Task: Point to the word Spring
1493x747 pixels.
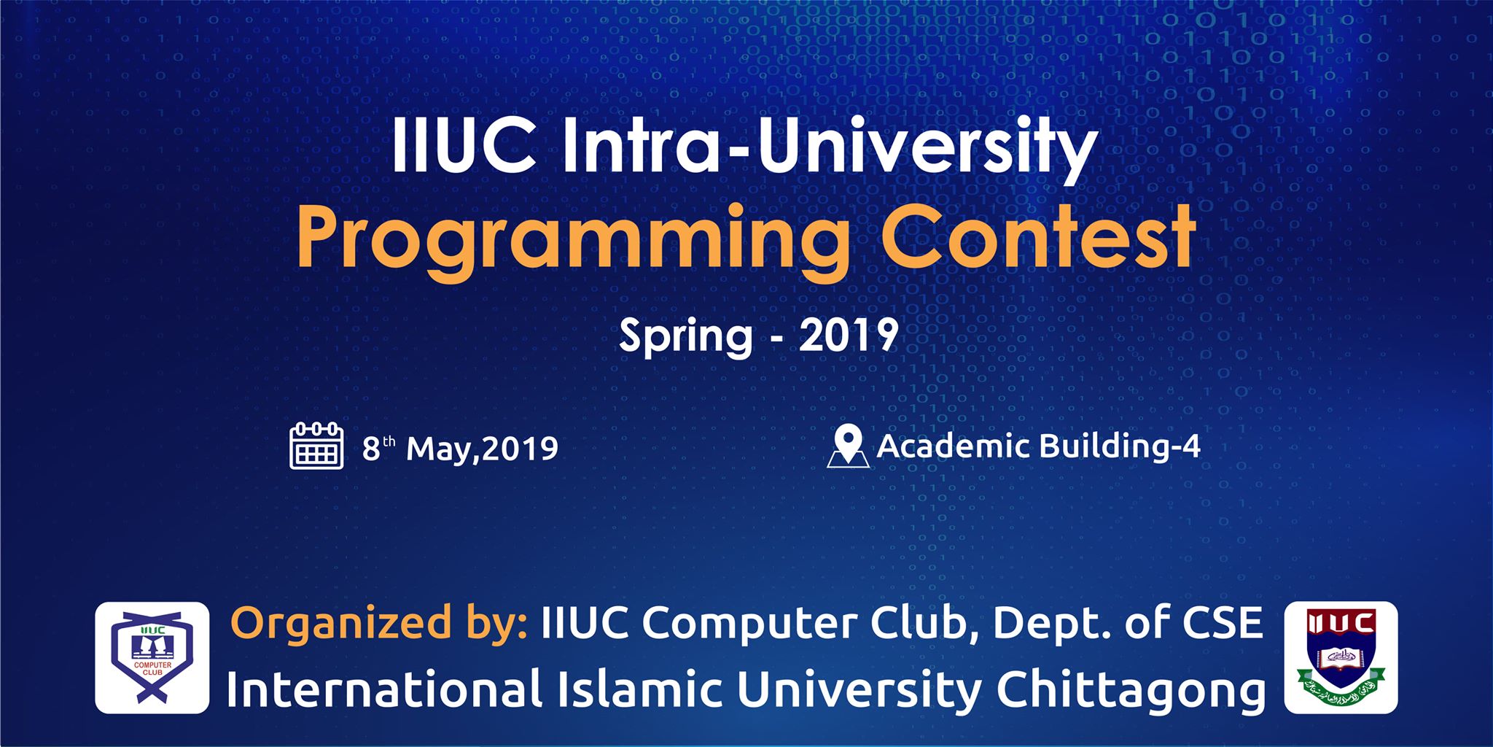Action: [685, 337]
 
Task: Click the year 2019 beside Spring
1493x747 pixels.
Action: [849, 335]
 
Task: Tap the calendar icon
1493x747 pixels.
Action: [316, 445]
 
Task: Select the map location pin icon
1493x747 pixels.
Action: [849, 446]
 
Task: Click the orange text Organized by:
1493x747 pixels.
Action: [379, 624]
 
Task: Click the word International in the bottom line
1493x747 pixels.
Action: [384, 689]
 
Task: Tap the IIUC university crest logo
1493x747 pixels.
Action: [1341, 657]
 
